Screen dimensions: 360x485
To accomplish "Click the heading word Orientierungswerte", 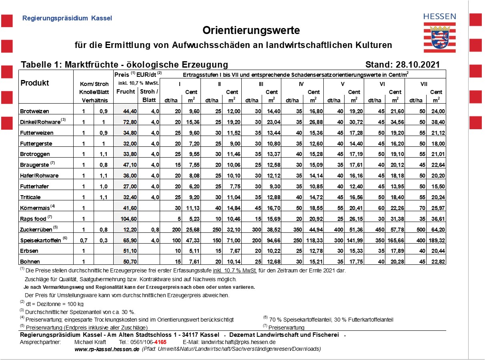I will [251, 30].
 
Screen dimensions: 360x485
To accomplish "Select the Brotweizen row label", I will [35, 111].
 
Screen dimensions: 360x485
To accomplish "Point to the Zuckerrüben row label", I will [36, 230].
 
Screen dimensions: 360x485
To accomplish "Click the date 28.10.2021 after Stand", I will [417, 65].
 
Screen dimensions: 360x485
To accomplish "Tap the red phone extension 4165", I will [160, 342].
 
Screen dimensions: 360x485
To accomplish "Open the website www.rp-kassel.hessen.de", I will [107, 349].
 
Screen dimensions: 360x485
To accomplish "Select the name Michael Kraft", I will [90, 342].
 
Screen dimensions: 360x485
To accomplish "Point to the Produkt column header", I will [35, 83].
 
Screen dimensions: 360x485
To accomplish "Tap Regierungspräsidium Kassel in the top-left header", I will [67, 18].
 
